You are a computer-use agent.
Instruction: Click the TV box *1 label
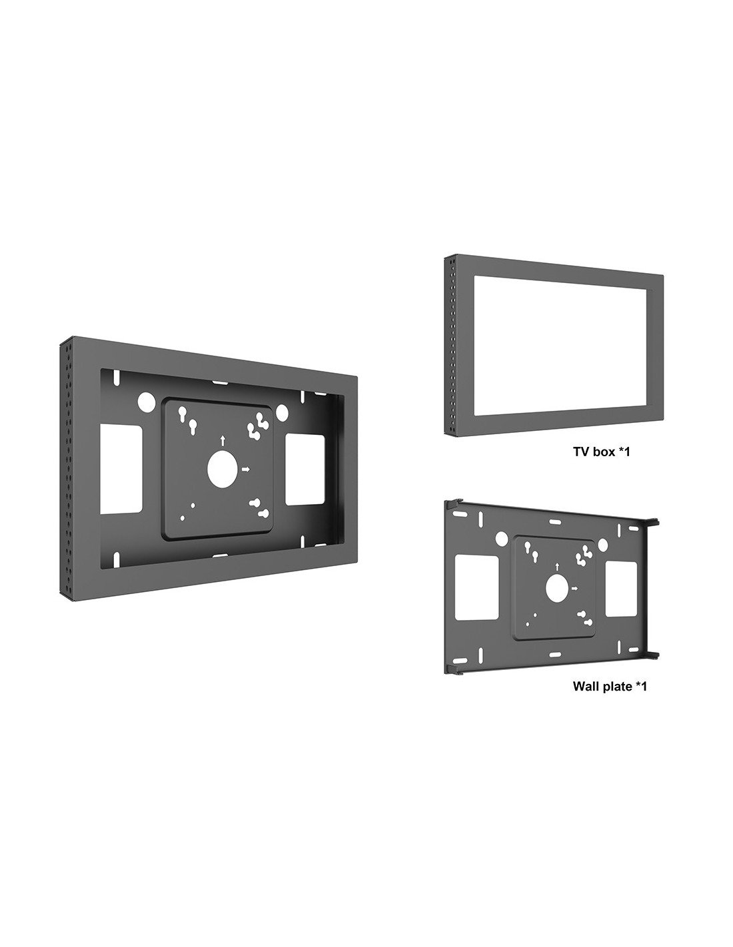(601, 451)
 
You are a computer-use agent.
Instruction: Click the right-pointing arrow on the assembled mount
(247, 469)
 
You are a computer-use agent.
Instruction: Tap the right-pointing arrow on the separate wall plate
(576, 588)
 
